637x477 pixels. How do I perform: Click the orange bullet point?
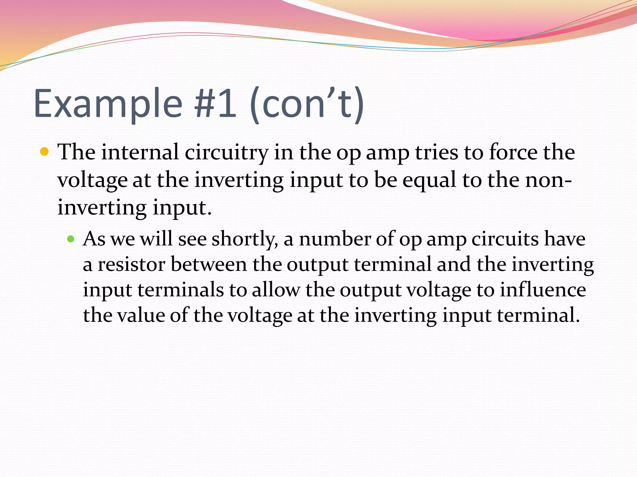tap(45, 152)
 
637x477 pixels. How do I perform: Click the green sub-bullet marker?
tap(71, 239)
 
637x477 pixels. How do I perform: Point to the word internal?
tap(140, 152)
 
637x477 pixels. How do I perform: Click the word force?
tap(513, 152)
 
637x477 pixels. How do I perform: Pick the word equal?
tap(429, 180)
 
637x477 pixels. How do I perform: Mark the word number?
tap(335, 239)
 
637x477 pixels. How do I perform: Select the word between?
tap(209, 265)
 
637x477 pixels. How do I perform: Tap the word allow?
tap(276, 290)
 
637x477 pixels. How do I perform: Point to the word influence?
tap(543, 290)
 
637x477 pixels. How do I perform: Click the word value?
tap(141, 316)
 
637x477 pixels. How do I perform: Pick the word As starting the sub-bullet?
tap(94, 239)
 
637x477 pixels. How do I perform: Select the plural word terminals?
tap(180, 290)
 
